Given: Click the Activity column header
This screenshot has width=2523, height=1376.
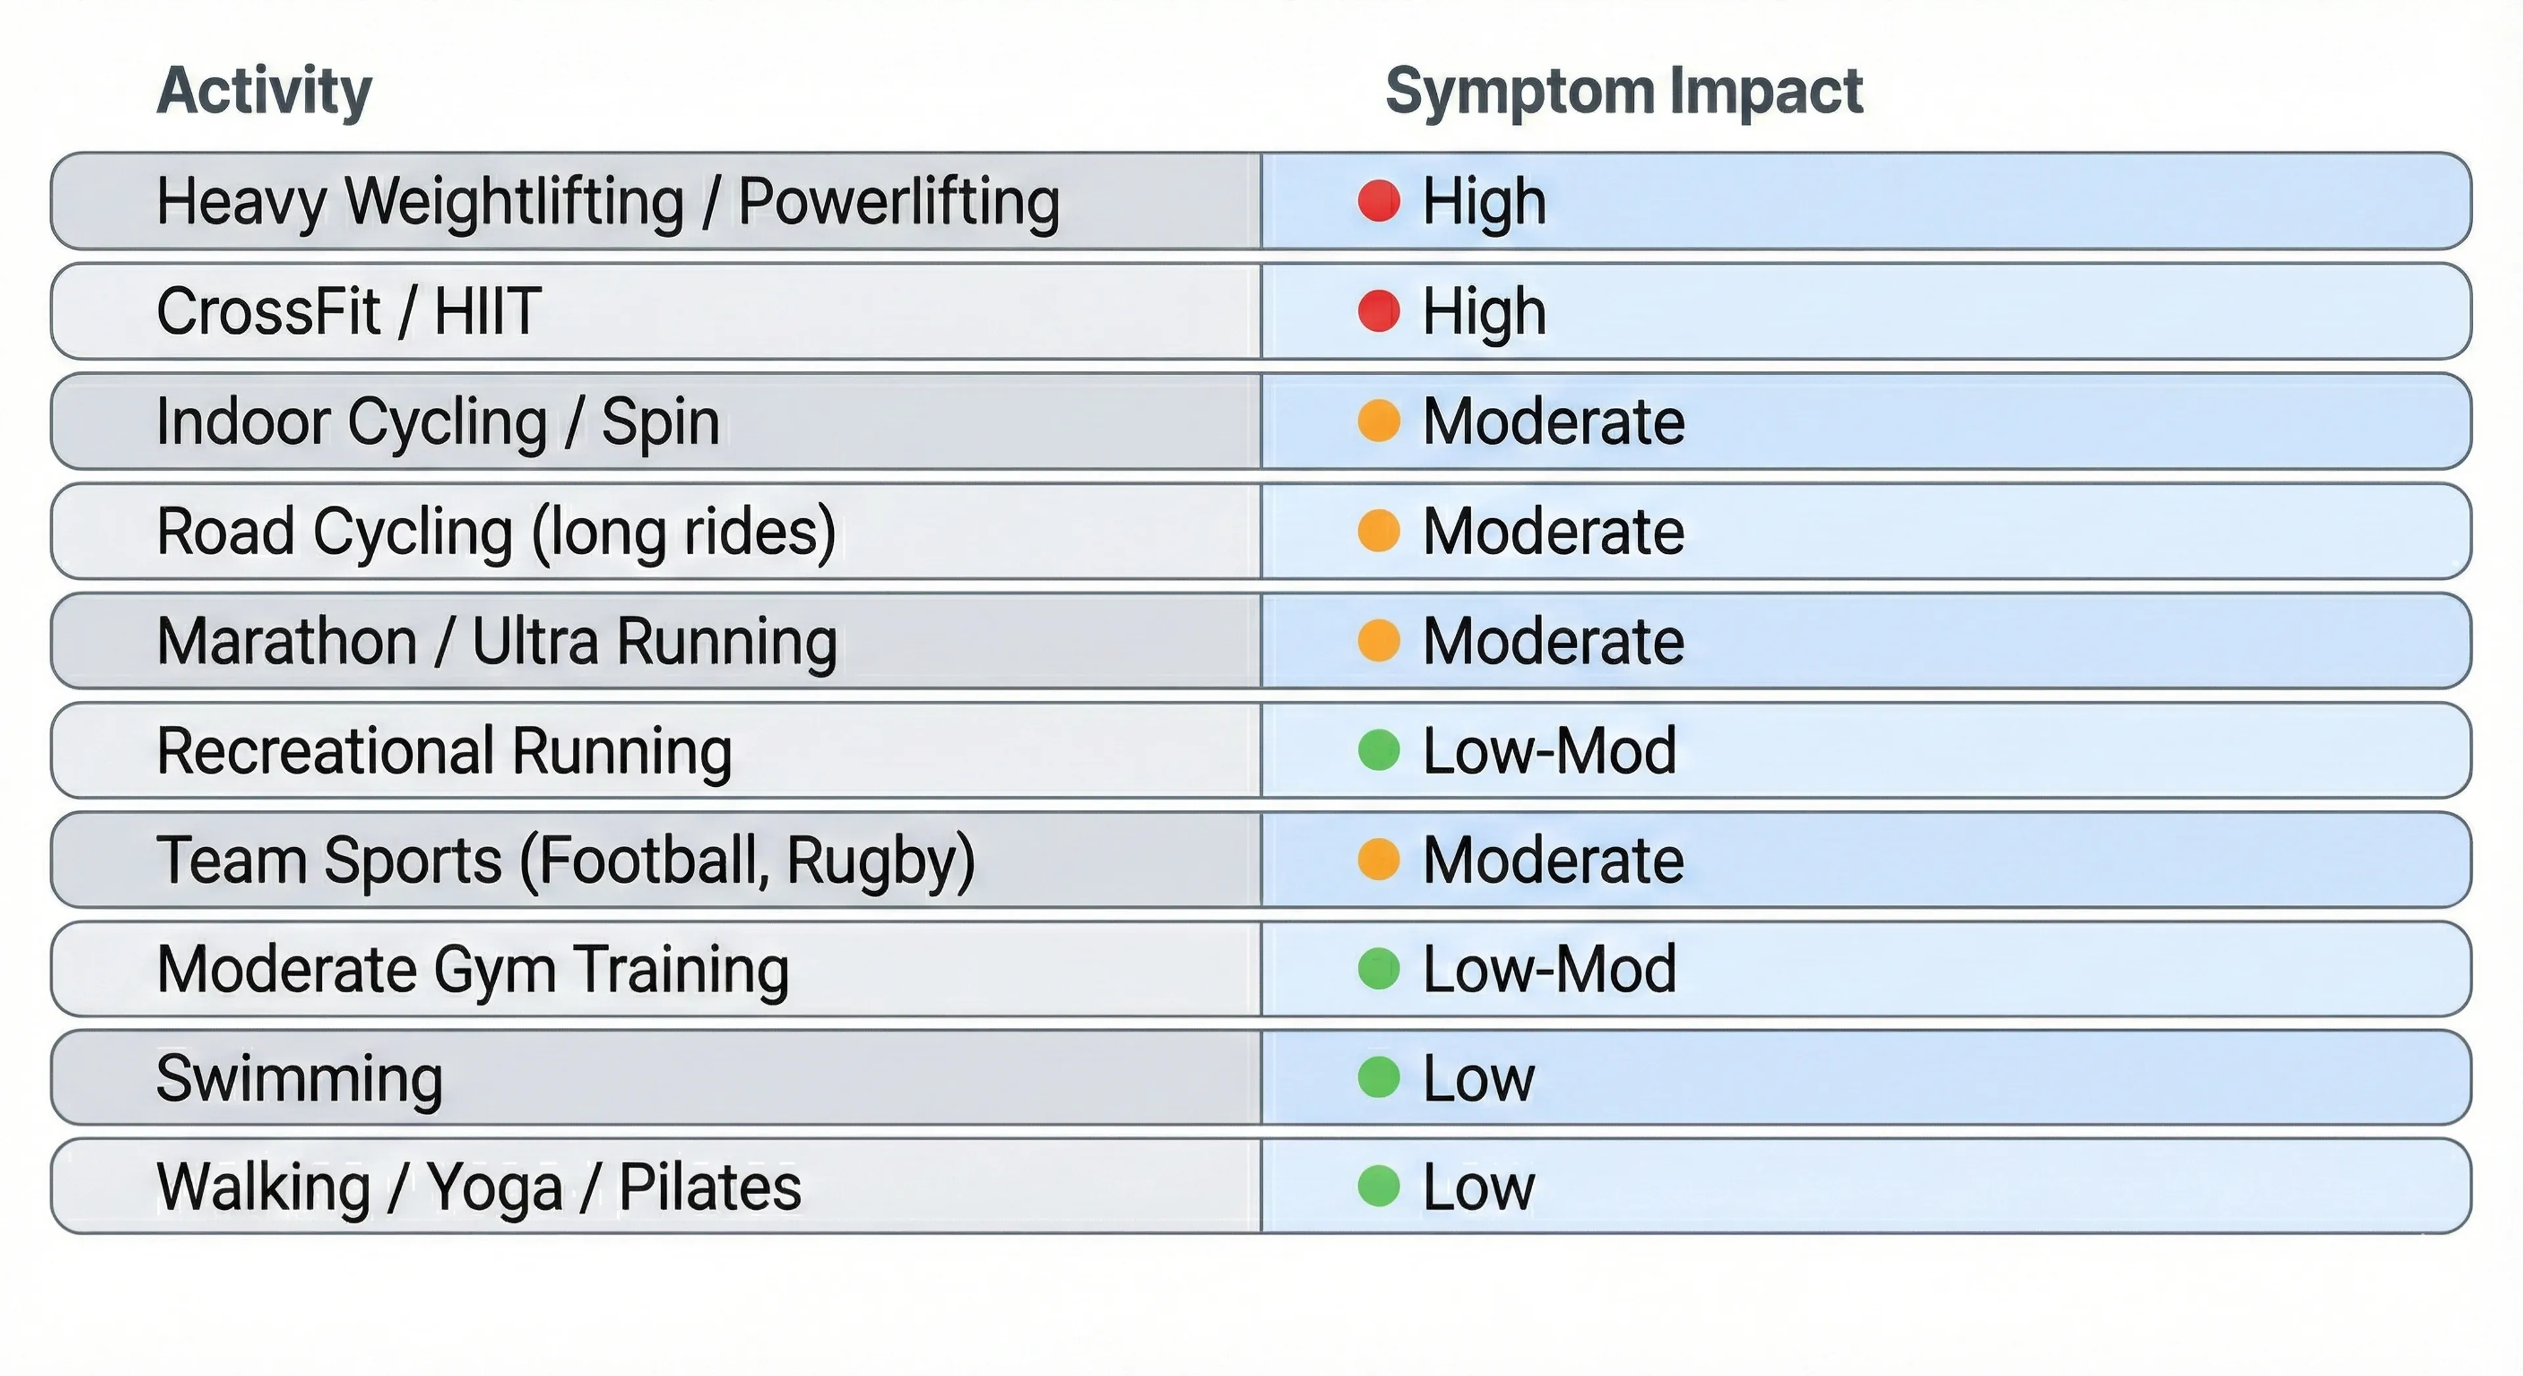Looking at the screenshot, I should tap(264, 91).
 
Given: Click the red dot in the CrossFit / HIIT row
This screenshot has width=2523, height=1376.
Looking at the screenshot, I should tap(1378, 311).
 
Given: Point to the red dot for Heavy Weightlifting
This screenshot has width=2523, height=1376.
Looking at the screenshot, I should tap(1378, 201).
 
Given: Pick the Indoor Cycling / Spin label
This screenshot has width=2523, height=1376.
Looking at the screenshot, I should tap(438, 422).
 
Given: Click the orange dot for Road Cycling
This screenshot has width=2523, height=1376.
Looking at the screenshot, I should tap(1378, 531).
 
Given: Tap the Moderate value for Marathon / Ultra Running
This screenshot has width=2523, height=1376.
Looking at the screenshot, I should tap(1553, 642).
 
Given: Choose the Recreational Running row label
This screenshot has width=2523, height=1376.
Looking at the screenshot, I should tap(443, 751).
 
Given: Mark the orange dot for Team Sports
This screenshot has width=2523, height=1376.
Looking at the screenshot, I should tap(1378, 860).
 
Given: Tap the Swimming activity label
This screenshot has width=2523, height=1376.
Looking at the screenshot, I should tap(300, 1078).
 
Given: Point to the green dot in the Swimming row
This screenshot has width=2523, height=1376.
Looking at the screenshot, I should tap(1378, 1077).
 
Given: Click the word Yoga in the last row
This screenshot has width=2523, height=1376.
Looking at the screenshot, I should tap(495, 1188).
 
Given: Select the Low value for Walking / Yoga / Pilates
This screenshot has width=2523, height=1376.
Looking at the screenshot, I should tap(1478, 1188).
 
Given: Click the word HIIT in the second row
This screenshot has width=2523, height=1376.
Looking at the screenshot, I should tap(487, 311).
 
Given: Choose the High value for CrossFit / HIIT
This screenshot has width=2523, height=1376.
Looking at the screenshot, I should tap(1484, 311).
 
